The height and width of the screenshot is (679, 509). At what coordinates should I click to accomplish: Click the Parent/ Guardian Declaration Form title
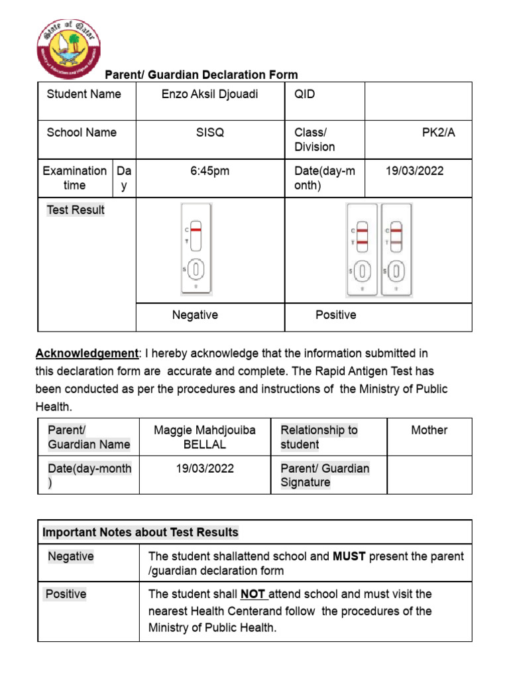click(x=201, y=75)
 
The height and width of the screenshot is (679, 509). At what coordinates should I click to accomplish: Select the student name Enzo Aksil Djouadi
click(x=210, y=94)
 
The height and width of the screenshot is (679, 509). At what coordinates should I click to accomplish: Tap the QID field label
click(x=305, y=94)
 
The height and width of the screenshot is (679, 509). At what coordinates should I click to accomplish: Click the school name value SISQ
click(x=210, y=133)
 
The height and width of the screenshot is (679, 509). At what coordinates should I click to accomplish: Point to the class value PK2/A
click(x=439, y=133)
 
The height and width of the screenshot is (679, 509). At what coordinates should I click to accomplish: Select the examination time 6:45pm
click(x=210, y=171)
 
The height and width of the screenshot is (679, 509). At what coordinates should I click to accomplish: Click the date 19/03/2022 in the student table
click(x=415, y=171)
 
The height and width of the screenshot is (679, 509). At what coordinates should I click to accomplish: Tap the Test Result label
click(x=76, y=210)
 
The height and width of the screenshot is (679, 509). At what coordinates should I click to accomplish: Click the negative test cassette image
click(x=196, y=249)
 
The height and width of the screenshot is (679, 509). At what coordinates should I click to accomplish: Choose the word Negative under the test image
click(x=195, y=315)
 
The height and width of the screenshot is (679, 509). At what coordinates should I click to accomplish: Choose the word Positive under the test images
click(x=335, y=315)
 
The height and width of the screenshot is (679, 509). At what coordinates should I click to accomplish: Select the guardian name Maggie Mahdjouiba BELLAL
click(x=205, y=438)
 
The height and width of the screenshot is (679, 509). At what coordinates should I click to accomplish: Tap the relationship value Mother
click(x=429, y=430)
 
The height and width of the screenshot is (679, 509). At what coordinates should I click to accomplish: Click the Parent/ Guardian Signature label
click(x=325, y=475)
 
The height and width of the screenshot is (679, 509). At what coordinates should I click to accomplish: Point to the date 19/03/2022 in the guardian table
click(x=205, y=469)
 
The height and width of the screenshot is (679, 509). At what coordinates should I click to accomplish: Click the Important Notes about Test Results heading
click(x=141, y=532)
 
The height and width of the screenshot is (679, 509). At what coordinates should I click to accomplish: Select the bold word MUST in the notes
click(x=349, y=556)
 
